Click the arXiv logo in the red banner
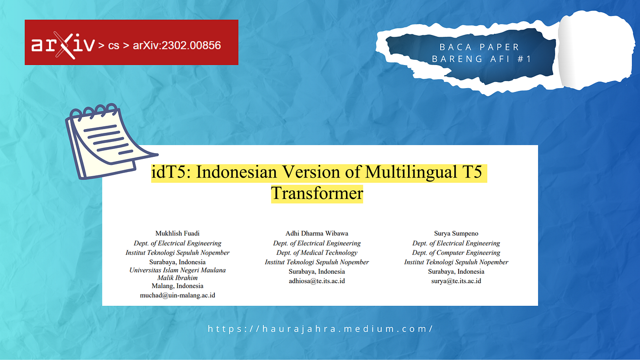coord(63,45)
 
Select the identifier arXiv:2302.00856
coord(177,46)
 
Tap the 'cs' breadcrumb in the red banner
coord(114,46)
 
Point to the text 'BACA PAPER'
coord(479,47)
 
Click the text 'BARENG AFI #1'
coord(482,59)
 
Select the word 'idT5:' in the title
coord(171,172)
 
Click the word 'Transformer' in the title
coord(317,193)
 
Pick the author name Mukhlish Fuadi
coord(177,233)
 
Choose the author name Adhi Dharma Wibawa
coord(317,233)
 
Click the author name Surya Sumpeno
coord(456,233)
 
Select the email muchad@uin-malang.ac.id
coord(177,295)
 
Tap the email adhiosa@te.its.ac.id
coord(317,281)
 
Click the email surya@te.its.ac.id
coord(456,281)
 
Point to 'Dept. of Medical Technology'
coord(317,253)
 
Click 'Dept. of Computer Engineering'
coord(456,253)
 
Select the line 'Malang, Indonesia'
coord(177,286)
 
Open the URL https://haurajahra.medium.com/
coord(320,329)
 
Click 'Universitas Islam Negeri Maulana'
coord(177,270)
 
